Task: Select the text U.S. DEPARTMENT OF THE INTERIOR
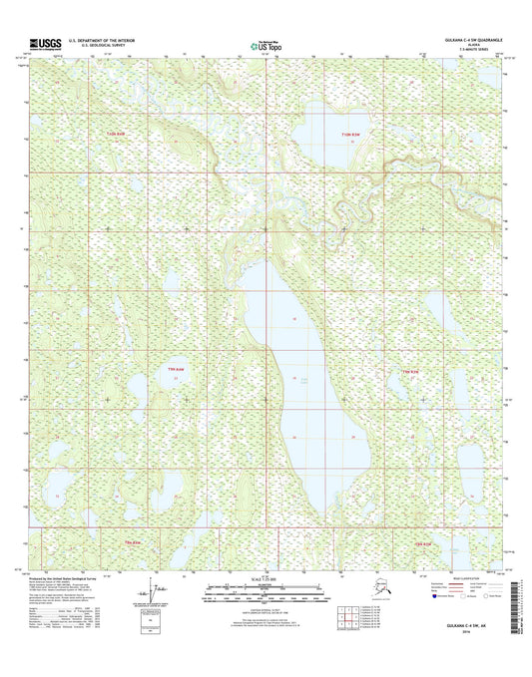(x=102, y=39)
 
